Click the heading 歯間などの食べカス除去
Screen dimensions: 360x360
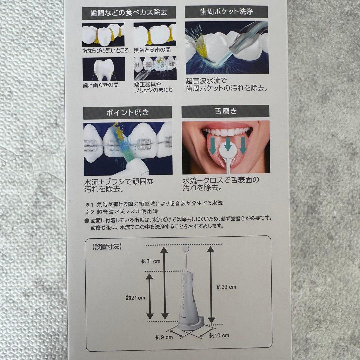pyautogui.click(x=128, y=13)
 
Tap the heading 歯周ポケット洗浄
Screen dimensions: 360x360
pyautogui.click(x=226, y=12)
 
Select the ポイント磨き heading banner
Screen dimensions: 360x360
pyautogui.click(x=127, y=112)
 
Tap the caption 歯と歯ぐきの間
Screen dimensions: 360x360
pyautogui.click(x=100, y=85)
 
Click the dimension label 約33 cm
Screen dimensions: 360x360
pyautogui.click(x=226, y=287)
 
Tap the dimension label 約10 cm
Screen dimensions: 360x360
pyautogui.click(x=219, y=335)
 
